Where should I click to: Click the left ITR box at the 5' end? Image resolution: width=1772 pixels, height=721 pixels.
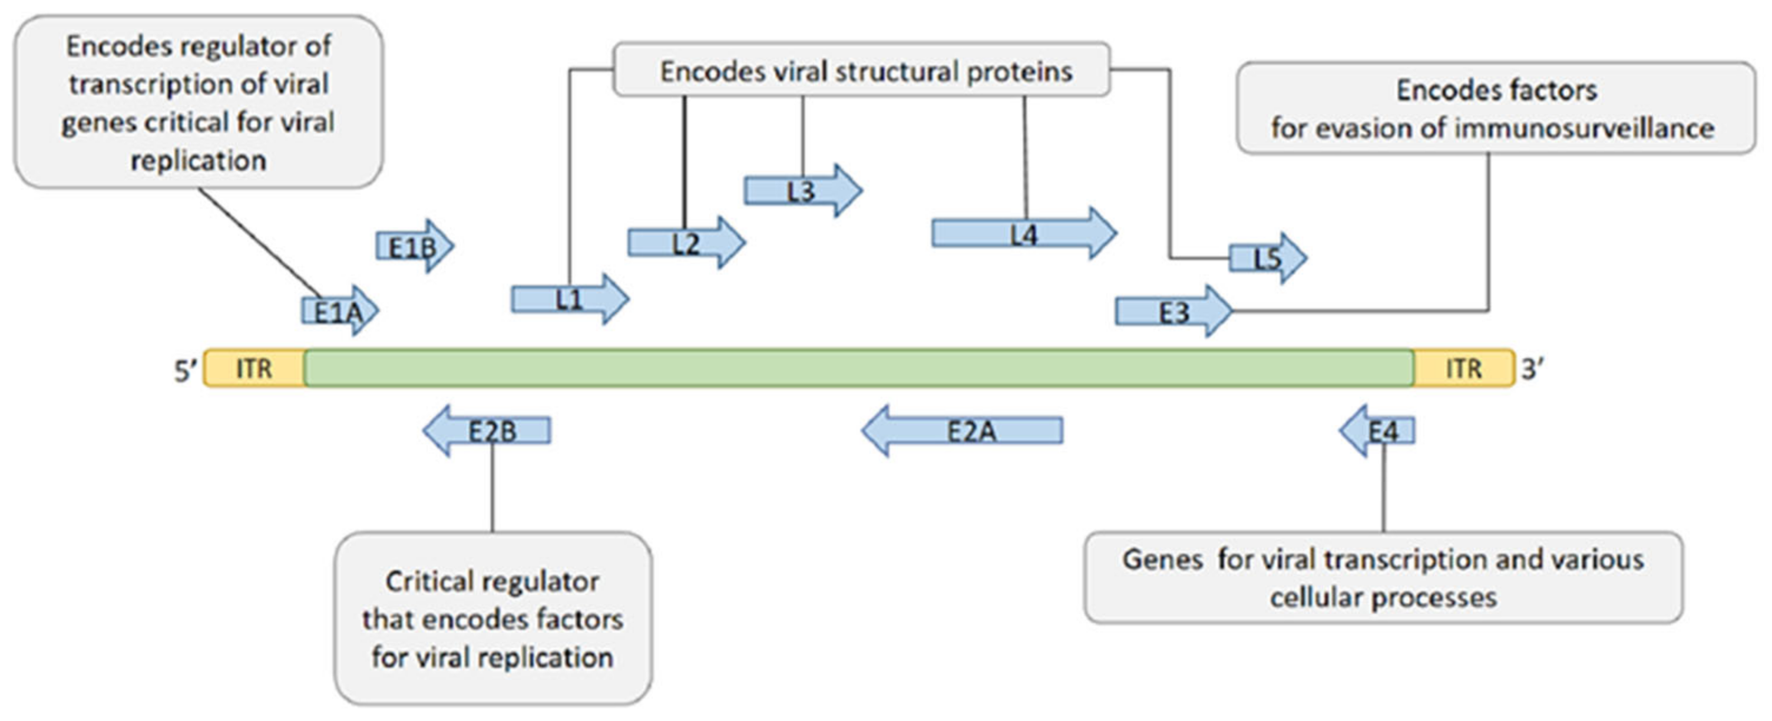pyautogui.click(x=254, y=369)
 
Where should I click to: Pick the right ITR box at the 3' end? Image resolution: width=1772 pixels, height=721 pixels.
pyautogui.click(x=1464, y=369)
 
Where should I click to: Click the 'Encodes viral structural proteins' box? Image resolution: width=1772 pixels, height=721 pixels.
pyautogui.click(x=865, y=71)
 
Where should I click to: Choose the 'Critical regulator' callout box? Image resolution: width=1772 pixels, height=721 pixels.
pyautogui.click(x=492, y=618)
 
